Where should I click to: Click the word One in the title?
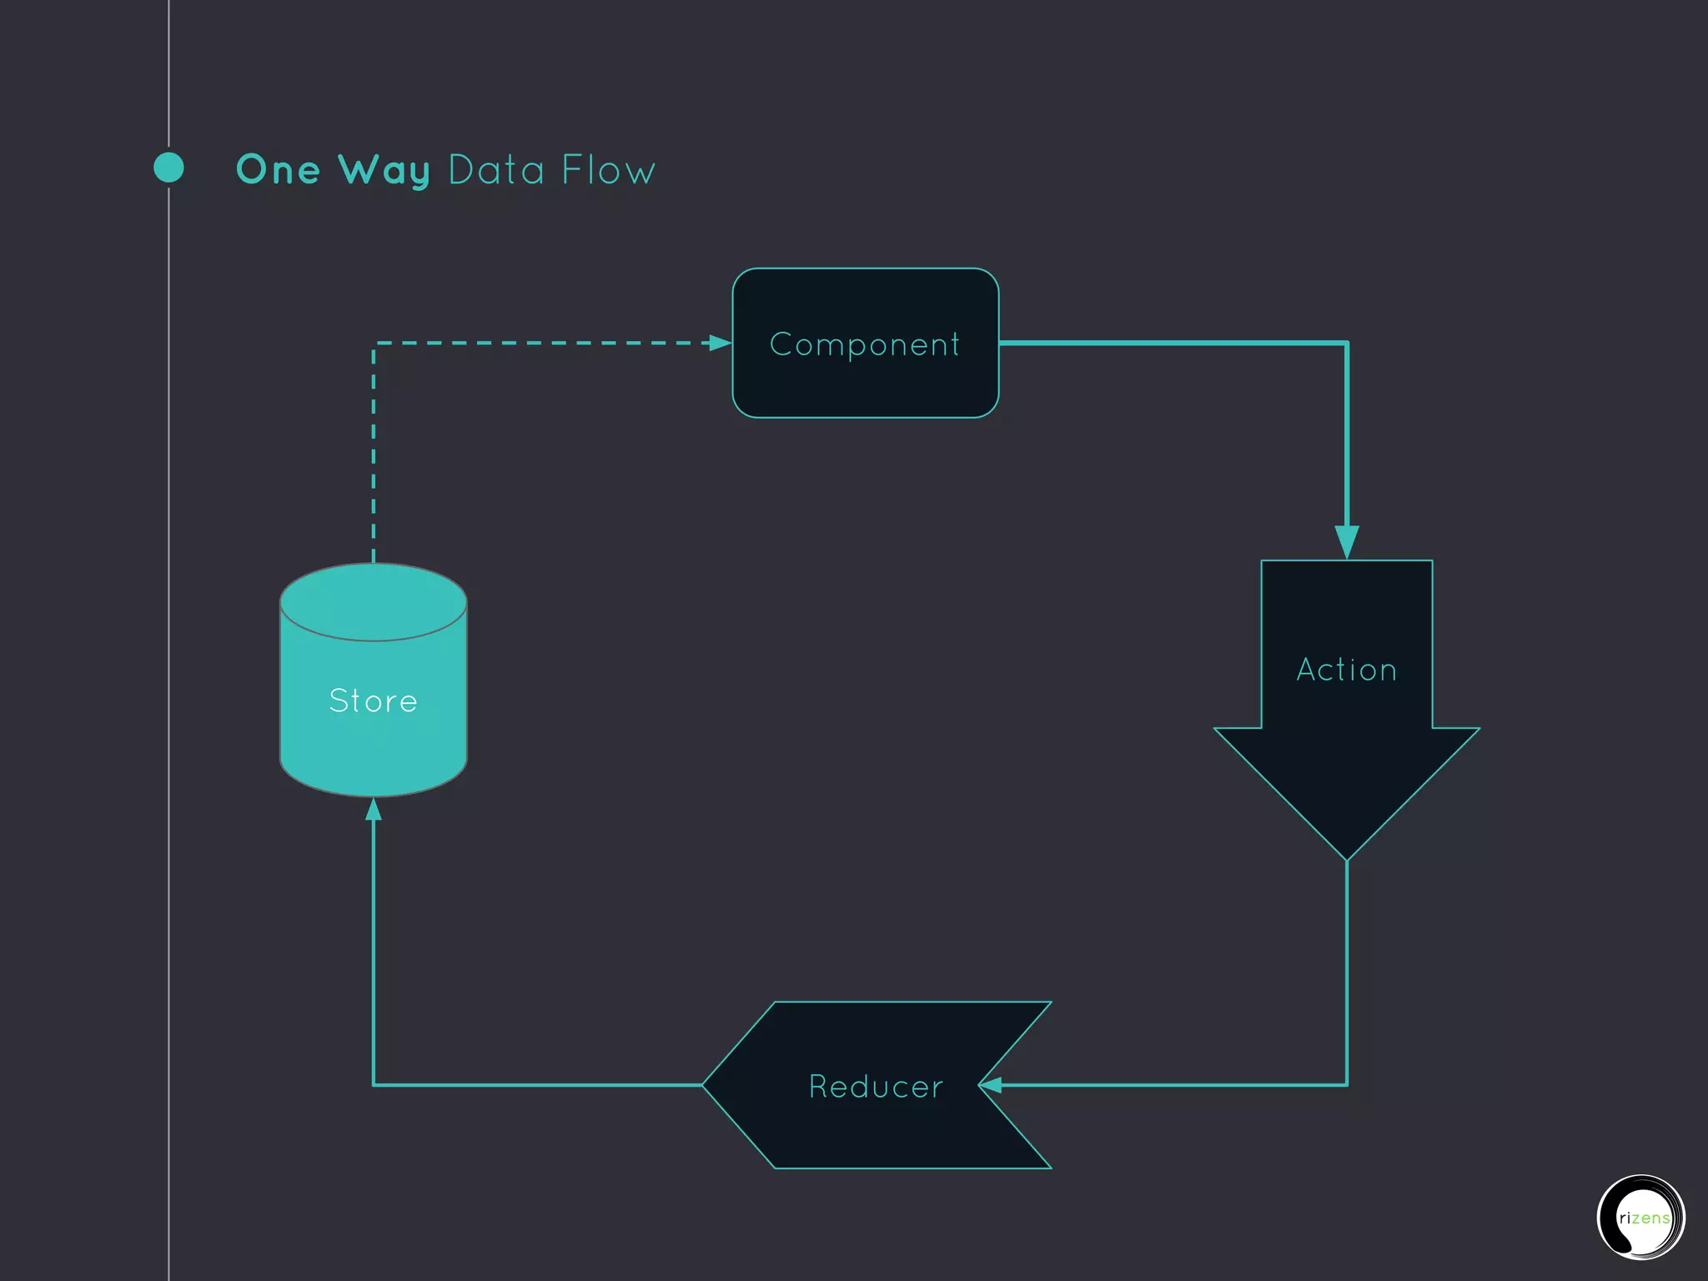click(278, 170)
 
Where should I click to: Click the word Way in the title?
click(384, 171)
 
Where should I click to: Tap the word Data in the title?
click(496, 170)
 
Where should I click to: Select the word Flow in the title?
click(608, 170)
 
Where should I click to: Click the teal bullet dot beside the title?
click(169, 168)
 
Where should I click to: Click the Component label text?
click(865, 344)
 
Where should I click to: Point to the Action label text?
click(1346, 670)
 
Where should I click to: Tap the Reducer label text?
click(876, 1087)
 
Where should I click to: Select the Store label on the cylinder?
click(373, 701)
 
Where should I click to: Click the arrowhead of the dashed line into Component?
click(719, 343)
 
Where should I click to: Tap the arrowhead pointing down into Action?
click(1347, 541)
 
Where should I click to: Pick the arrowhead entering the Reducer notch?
click(991, 1085)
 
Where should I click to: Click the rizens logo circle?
click(1640, 1218)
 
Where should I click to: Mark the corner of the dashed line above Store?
click(374, 344)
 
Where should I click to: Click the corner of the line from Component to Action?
click(1347, 343)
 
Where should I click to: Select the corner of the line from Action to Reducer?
click(1347, 1085)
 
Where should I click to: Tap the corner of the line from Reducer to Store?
click(374, 1085)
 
